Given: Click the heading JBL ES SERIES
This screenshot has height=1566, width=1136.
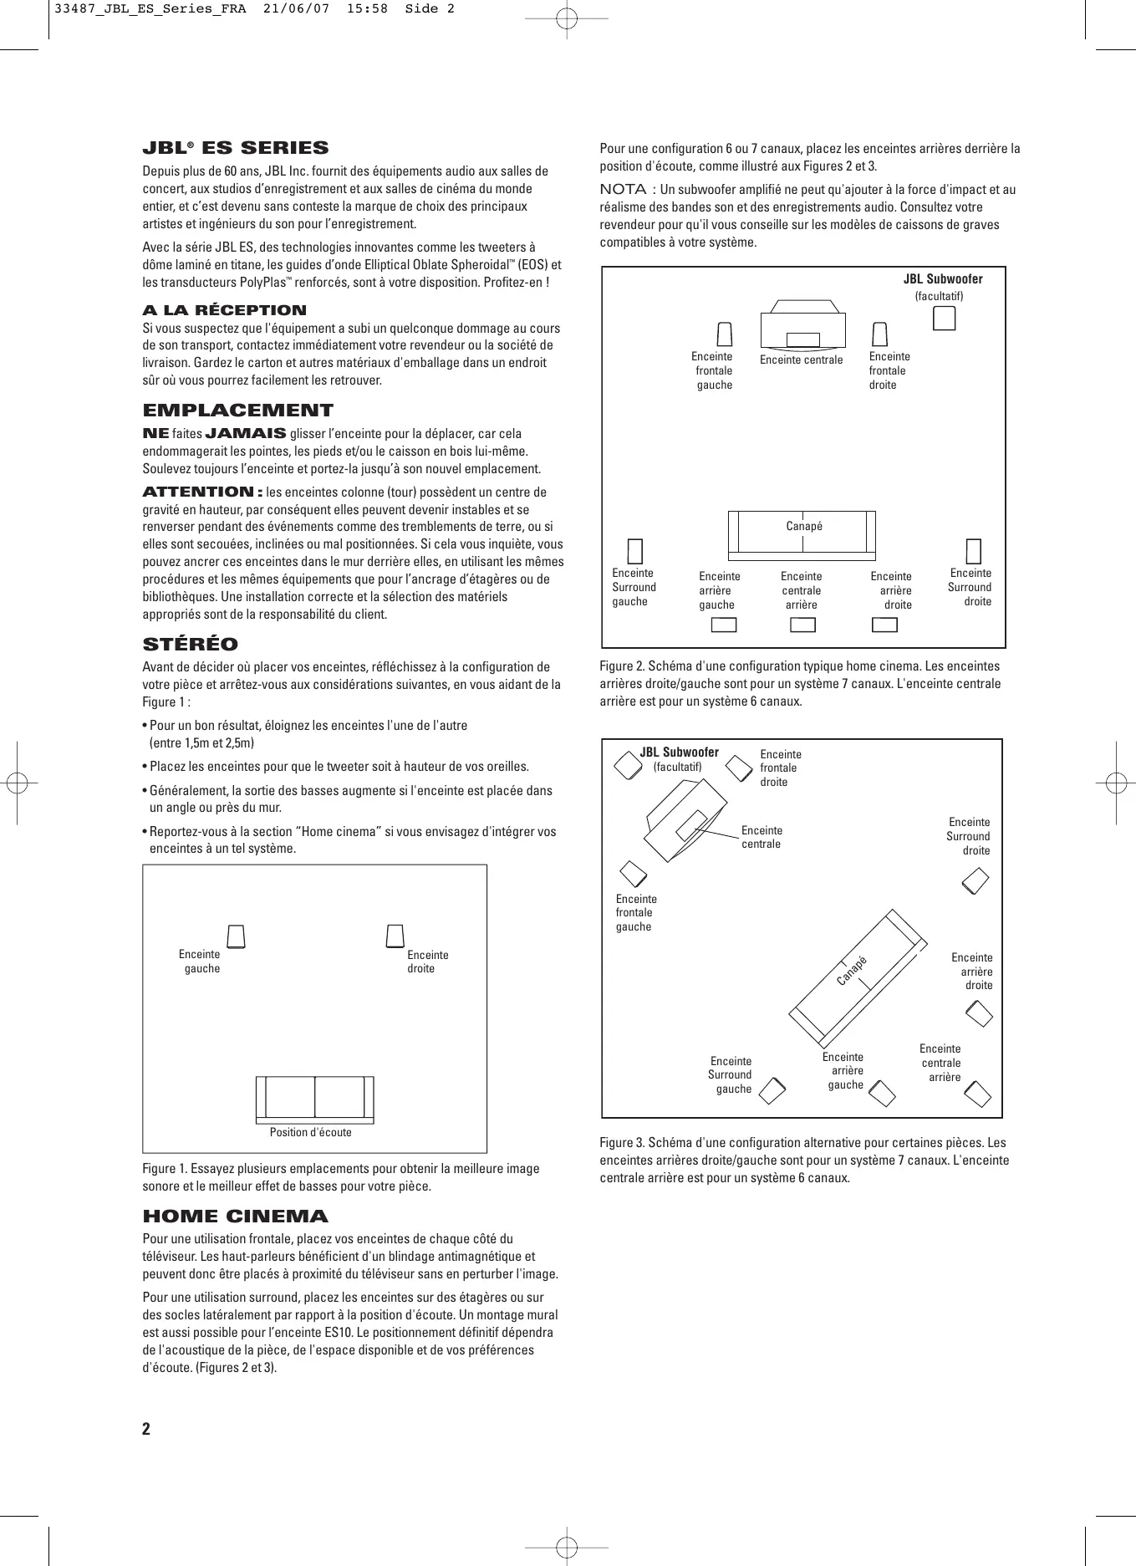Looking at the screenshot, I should point(236,149).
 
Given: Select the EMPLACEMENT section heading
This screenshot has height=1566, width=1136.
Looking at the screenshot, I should point(238,411).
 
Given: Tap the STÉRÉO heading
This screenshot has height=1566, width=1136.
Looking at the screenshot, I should point(191,645).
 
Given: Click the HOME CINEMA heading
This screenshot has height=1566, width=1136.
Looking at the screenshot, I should point(236,1217).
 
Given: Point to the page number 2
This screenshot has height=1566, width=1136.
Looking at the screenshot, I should point(146,1428).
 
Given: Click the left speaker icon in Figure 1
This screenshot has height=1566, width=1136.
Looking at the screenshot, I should point(237,936).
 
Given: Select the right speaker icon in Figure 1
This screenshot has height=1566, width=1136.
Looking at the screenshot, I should point(395,936).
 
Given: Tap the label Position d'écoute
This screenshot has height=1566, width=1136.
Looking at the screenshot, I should point(311,1132).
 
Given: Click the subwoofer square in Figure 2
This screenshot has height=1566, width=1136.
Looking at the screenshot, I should point(944,319).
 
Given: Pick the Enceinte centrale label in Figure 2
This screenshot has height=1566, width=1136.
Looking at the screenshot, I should point(801,360).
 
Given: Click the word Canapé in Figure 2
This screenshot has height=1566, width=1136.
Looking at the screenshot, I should point(804,526).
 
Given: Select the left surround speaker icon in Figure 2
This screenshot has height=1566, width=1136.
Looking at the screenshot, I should point(635,551).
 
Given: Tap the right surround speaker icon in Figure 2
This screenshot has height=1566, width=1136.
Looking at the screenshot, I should point(973,551).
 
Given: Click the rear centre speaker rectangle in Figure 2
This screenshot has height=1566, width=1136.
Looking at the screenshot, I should point(802,625).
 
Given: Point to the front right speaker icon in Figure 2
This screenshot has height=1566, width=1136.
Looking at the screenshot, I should point(879,334).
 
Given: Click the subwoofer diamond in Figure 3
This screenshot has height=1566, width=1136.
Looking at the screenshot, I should point(628,765).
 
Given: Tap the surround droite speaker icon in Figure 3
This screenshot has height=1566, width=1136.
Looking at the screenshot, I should point(975,880).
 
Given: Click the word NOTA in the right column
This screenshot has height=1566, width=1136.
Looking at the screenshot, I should point(623,190).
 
